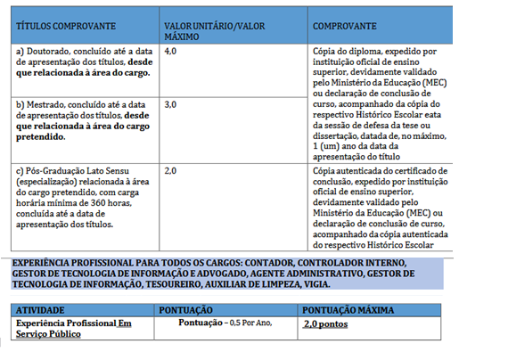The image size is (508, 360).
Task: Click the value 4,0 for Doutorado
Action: coord(171,53)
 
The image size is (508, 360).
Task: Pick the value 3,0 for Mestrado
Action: coord(171,105)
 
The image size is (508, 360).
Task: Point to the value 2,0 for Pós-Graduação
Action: coord(171,169)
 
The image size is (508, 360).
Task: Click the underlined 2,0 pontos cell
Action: coord(325,323)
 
